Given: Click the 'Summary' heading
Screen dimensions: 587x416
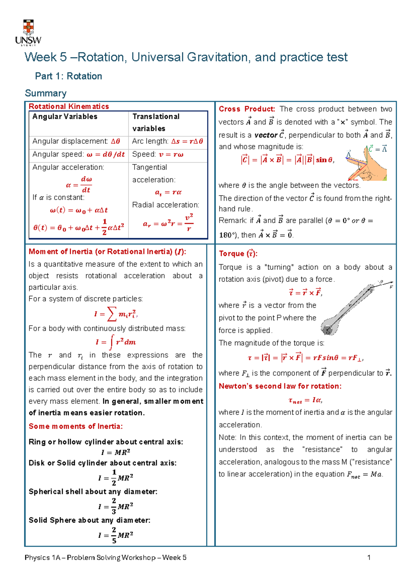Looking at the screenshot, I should tap(46, 93).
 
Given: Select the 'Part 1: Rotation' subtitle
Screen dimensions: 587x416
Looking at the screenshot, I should tap(69, 76).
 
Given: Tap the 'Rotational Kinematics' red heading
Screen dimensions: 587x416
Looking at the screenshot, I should tap(69, 106).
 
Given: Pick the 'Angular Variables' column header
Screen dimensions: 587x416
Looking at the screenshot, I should tap(65, 117).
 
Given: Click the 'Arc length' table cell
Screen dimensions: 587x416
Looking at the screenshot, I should tap(167, 141).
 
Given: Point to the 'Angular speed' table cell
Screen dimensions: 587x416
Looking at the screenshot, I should tap(78, 154).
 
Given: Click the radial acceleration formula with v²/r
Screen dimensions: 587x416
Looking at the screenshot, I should tap(168, 223).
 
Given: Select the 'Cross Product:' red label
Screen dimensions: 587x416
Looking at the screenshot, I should tap(247, 109).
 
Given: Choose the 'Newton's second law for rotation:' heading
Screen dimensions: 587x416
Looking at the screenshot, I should tap(280, 386).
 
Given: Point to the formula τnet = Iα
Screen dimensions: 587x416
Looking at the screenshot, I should tap(305, 400).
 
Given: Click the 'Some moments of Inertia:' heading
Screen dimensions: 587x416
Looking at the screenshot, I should tap(76, 426).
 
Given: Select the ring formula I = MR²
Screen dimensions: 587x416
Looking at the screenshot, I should tap(115, 452).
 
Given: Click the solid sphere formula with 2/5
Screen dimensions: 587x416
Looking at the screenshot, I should tap(115, 535).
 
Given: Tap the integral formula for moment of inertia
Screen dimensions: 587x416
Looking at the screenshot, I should tap(115, 342).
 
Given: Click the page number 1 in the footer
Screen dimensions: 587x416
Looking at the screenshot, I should tap(369, 558).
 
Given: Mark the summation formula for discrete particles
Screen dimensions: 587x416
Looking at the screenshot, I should tap(115, 314).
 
